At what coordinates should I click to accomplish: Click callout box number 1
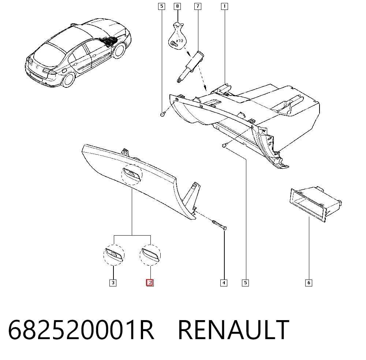tap(225, 6)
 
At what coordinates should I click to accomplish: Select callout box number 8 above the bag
tap(178, 6)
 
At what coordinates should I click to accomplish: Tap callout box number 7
tap(198, 6)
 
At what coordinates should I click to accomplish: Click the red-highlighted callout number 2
tap(150, 283)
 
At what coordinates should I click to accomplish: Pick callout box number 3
tap(113, 283)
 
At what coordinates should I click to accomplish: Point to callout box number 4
tap(224, 283)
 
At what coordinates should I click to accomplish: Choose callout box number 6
tap(309, 283)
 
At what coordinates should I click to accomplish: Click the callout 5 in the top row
tap(161, 6)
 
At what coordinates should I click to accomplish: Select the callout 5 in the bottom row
tap(245, 283)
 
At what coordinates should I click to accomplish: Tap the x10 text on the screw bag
tap(179, 41)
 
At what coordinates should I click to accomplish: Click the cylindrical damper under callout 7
tap(190, 67)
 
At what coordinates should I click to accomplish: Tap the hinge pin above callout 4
tap(219, 225)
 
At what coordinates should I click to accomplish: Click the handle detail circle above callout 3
tap(114, 255)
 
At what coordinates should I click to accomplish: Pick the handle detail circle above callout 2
tap(150, 255)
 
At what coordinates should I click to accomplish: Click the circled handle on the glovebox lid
tap(132, 175)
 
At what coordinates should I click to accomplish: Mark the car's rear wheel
tap(68, 79)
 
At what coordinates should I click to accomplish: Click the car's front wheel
tap(119, 50)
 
